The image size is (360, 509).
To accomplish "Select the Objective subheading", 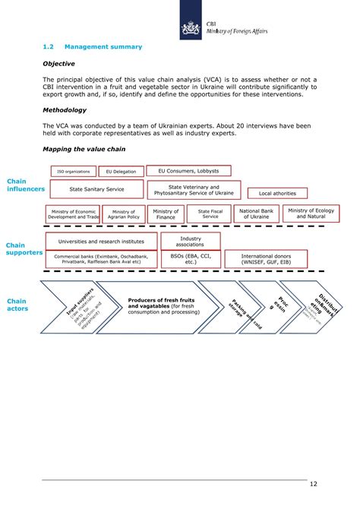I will pos(58,65).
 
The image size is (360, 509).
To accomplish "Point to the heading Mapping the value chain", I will pos(84,150).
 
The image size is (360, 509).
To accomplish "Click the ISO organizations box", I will pos(73,172).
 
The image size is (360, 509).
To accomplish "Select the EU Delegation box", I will pos(121,172).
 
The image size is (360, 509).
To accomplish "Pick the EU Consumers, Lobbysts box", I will pos(188,171).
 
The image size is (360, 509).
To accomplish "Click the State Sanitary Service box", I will pos(96,189).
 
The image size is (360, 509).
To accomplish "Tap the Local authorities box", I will pos(277,193).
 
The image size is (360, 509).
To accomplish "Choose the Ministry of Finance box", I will pos(166,214).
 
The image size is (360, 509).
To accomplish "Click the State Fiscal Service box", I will pos(210,214).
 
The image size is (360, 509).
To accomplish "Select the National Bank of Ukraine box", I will pos(254,214).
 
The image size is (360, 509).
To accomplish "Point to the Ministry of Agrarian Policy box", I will pos(123,214).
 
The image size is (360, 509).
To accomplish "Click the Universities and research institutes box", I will pos(101,241).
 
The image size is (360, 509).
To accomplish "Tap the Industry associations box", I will pos(191,242).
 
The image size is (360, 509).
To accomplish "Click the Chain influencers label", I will pos(25,185).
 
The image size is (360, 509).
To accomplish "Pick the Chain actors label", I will pos(17,305).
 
